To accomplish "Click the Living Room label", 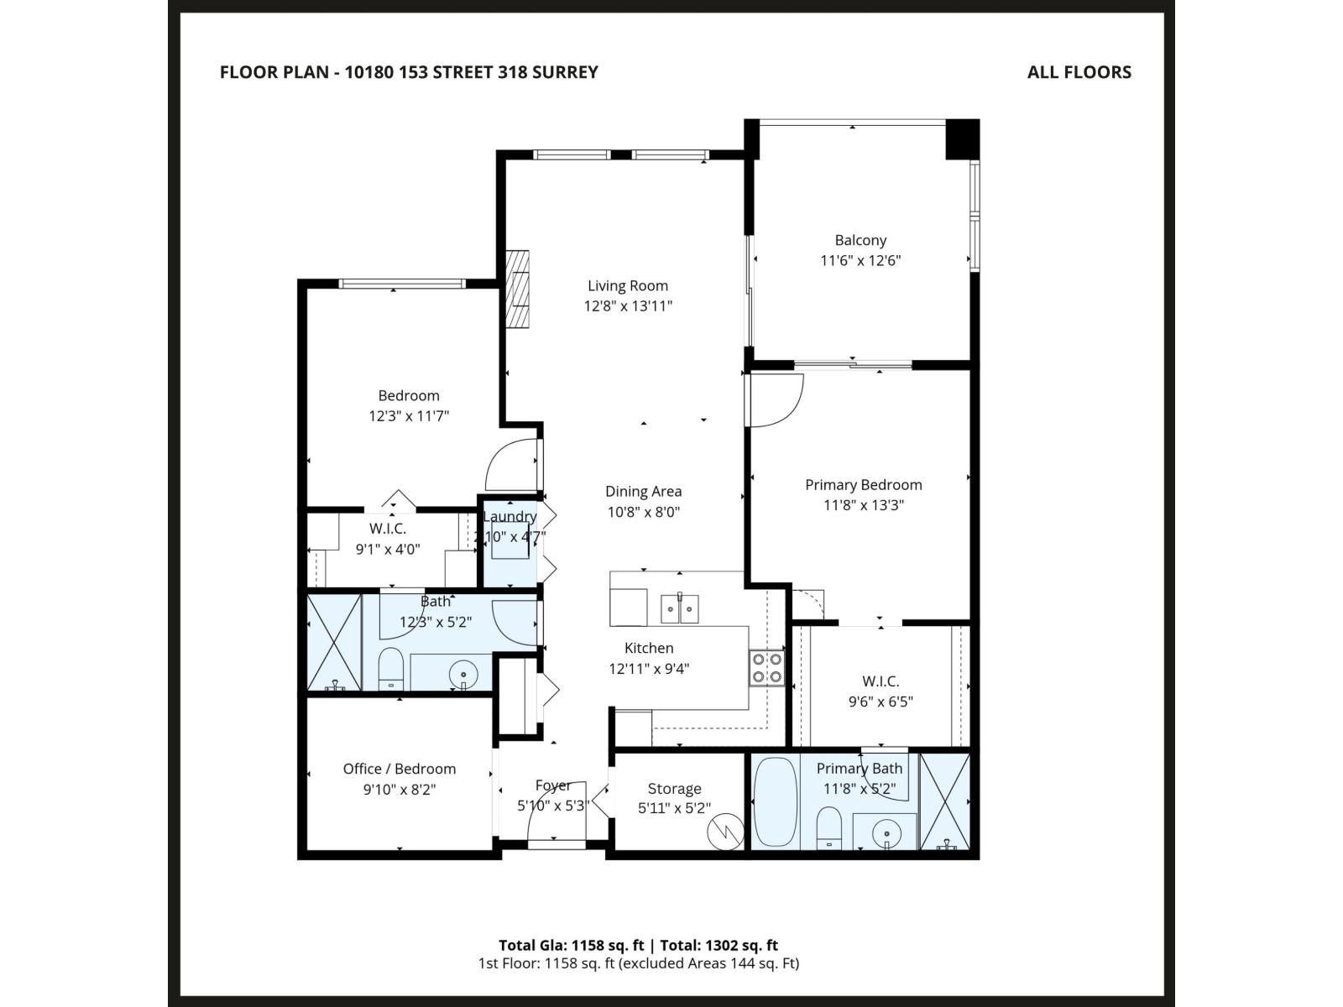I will coord(627,286).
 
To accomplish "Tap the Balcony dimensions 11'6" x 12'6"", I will coord(860,261).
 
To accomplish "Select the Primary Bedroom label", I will coord(863,485).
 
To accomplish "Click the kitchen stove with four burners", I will coord(766,668).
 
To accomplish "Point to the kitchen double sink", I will coord(679,608).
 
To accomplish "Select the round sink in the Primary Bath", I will coord(886,834).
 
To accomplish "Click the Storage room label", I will coord(674,789).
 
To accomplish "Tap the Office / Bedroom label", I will coord(400,769).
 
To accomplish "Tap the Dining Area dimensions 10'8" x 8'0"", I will coord(643,512).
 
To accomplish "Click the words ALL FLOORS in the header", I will coord(1079,72).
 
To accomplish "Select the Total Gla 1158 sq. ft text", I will coord(572,945).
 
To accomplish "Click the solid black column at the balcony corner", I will coord(962,139).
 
